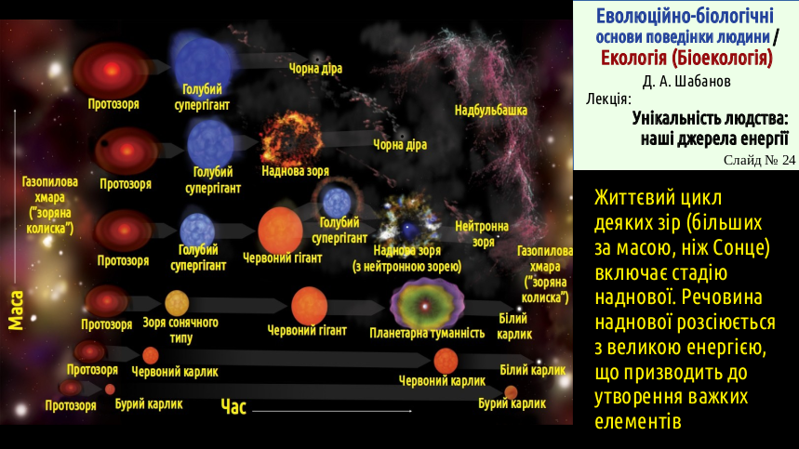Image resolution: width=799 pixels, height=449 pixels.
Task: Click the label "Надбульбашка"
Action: point(491,111)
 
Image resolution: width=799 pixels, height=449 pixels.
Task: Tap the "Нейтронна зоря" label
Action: point(482,233)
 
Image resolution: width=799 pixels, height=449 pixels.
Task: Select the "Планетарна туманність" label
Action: point(427,334)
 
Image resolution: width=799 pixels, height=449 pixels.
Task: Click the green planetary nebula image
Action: point(427,304)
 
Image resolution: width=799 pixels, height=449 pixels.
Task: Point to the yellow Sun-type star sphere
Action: point(177,303)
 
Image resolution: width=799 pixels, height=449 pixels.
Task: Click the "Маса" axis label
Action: point(17,311)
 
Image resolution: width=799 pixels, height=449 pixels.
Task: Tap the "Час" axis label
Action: point(233,407)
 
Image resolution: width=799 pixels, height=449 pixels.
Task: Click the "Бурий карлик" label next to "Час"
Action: point(149,404)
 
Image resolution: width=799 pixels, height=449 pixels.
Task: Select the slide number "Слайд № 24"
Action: point(759,160)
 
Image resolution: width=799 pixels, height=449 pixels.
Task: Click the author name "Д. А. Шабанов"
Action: point(686,82)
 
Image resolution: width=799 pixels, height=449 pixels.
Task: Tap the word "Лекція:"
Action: point(608,99)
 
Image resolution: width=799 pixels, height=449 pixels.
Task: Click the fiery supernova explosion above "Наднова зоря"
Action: point(291,139)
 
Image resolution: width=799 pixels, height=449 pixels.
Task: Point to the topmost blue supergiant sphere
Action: point(203,61)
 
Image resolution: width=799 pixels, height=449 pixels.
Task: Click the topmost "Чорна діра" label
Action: point(315,68)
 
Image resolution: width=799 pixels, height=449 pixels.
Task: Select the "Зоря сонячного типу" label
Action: point(180,330)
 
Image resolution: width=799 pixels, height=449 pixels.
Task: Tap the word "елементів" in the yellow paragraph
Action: point(638,421)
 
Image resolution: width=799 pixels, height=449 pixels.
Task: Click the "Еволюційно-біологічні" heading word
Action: point(685,16)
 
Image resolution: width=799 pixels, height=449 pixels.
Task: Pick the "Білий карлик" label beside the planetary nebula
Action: point(514,326)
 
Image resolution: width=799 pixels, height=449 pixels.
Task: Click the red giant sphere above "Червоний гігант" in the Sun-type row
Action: point(310,306)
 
